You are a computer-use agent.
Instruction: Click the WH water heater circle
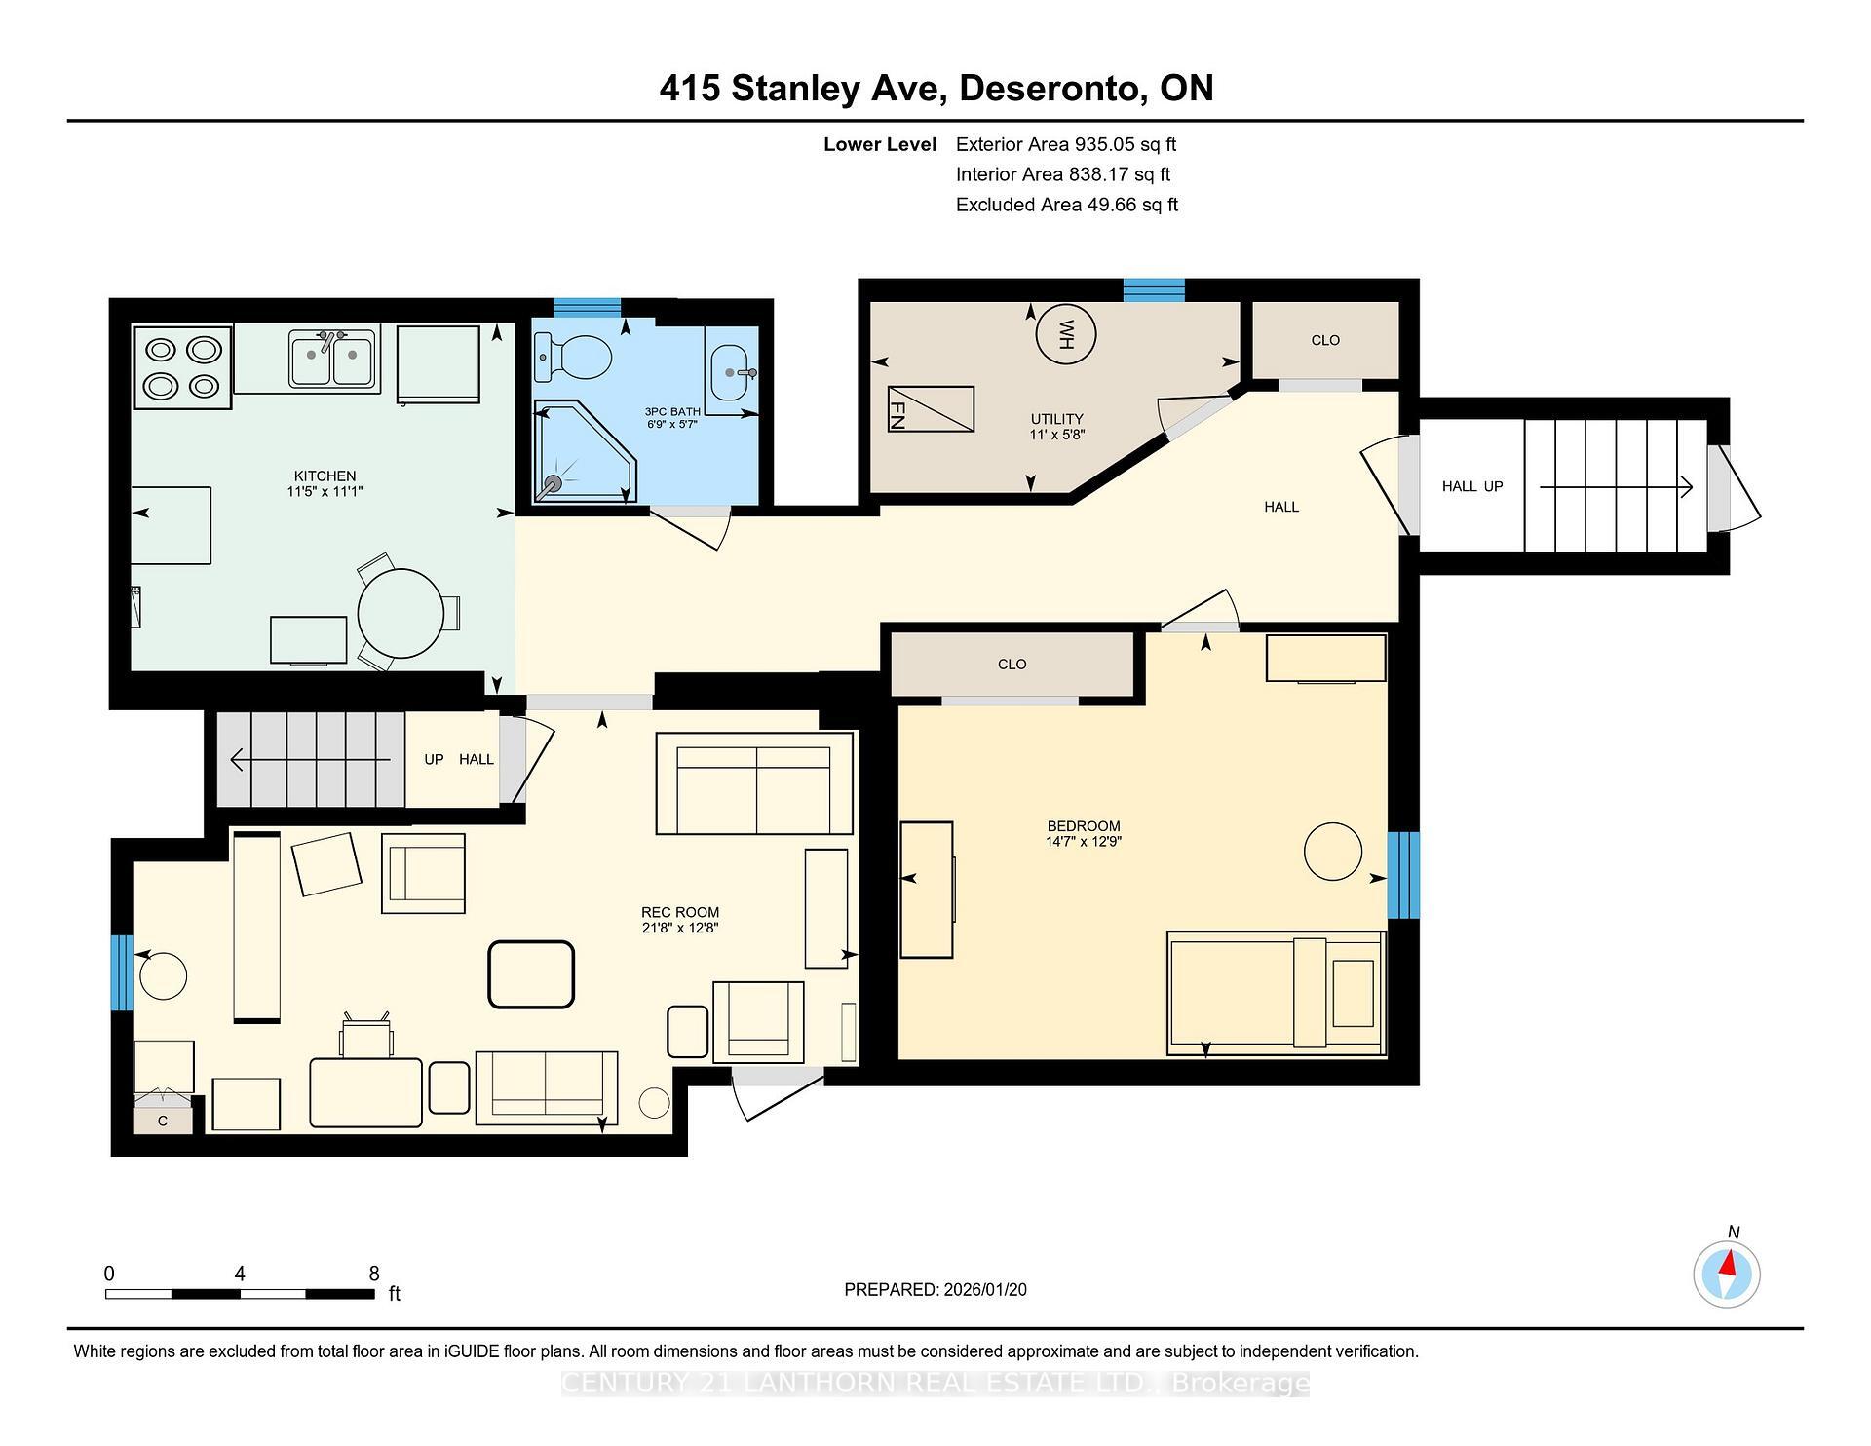pos(1065,334)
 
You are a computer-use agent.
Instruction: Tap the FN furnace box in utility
pos(931,409)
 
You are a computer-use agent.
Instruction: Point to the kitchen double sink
pos(333,359)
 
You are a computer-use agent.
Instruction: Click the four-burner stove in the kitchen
pos(182,367)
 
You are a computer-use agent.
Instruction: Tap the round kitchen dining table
pos(401,613)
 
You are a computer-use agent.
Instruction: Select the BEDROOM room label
pos(1083,825)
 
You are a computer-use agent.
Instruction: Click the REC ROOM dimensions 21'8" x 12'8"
pos(679,928)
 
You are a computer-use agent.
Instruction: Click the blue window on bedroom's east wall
pos(1402,875)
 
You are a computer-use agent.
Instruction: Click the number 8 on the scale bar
pos(374,1273)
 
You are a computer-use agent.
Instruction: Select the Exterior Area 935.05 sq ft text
pos(1065,144)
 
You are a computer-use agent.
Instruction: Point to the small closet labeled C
pos(163,1121)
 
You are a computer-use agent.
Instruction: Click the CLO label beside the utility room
pos(1324,340)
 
